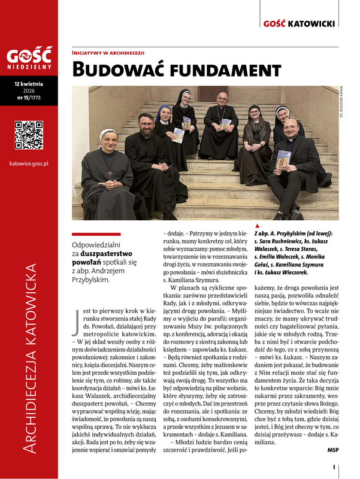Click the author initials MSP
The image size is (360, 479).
(333, 449)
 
